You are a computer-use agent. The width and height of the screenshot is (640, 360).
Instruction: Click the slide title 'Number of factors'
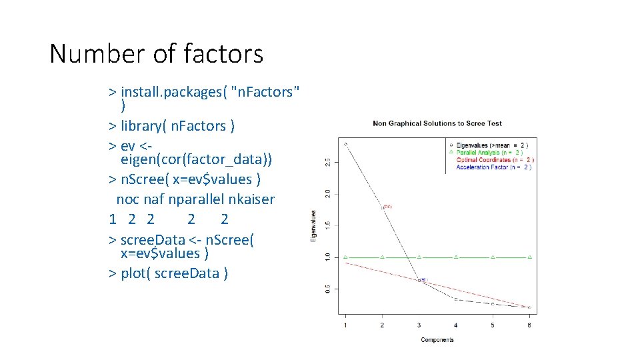tap(156, 54)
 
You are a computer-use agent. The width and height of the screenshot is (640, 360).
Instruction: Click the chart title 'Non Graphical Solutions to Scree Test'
tap(437, 123)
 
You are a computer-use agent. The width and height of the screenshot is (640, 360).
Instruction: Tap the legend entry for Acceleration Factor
tap(493, 167)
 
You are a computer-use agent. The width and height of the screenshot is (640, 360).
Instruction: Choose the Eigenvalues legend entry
tap(493, 145)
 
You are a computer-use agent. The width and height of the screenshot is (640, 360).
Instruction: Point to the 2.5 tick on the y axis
tap(326, 163)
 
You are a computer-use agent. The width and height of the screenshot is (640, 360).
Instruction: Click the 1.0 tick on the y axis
tap(326, 257)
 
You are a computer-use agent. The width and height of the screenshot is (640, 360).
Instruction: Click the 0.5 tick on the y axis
tap(326, 289)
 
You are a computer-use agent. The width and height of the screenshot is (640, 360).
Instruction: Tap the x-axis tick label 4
tap(456, 325)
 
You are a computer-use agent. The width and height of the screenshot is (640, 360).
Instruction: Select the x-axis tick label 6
tap(529, 325)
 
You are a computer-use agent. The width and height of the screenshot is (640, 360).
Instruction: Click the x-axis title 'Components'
tap(437, 340)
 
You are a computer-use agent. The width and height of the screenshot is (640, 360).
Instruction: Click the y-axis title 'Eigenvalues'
tap(313, 226)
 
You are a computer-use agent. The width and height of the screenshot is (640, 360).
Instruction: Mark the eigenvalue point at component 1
tap(345, 143)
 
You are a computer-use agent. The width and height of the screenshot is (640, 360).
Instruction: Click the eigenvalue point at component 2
tap(383, 207)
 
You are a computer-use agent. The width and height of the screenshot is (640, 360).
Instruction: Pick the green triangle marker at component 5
tap(493, 257)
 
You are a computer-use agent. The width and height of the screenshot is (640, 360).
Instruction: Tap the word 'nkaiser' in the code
tap(251, 199)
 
